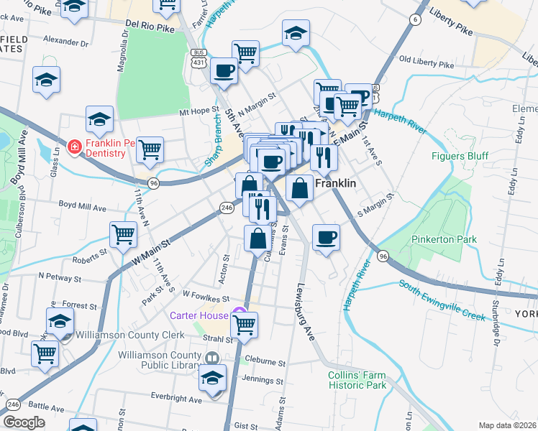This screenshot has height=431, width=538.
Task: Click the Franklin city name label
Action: click(x=336, y=183)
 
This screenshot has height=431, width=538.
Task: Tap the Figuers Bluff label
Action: click(x=460, y=156)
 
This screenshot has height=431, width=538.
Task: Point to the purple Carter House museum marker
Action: click(x=240, y=315)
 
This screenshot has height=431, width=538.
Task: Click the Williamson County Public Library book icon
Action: click(x=211, y=358)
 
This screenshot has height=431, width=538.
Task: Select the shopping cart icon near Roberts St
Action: click(x=124, y=233)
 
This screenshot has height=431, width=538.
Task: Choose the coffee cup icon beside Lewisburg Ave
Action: click(x=326, y=236)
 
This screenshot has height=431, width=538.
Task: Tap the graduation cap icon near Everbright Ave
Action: click(x=213, y=377)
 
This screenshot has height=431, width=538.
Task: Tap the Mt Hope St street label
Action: click(x=198, y=112)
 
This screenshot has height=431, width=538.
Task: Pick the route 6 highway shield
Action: click(x=415, y=19)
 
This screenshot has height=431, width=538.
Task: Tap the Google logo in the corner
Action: click(x=24, y=422)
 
